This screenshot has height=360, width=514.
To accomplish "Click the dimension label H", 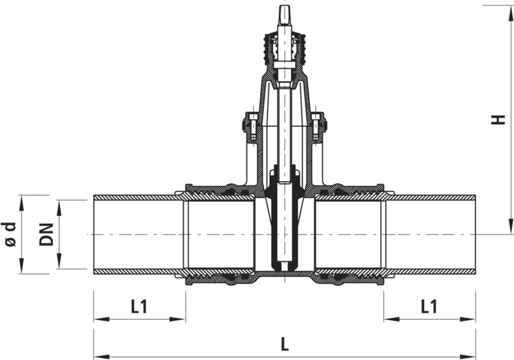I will [498, 119].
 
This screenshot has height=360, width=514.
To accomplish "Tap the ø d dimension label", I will [11, 234].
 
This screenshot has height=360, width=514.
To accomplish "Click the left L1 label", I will [139, 307].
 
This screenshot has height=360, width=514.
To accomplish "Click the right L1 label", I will [429, 307].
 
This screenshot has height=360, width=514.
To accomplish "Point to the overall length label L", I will [285, 345].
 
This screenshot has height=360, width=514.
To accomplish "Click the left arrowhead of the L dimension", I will [98, 356].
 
